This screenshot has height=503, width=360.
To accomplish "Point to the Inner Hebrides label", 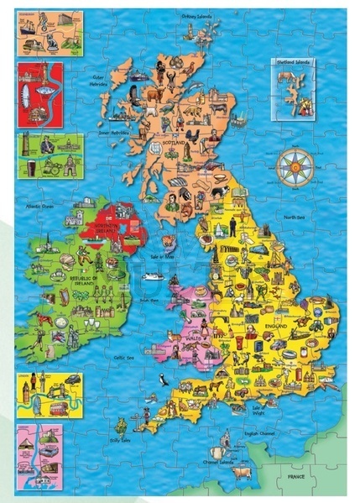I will pyautogui.click(x=112, y=132).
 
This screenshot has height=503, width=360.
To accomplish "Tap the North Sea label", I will pyautogui.click(x=295, y=217).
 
